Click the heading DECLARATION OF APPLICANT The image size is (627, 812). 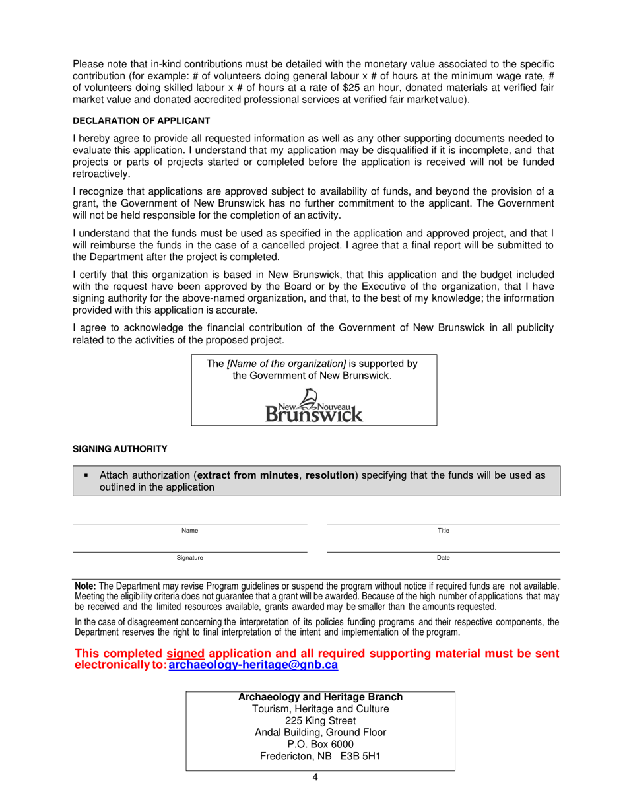click(141, 121)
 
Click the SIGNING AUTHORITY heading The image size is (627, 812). click(119, 449)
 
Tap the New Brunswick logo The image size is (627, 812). click(314, 405)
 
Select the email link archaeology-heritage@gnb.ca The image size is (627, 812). click(253, 666)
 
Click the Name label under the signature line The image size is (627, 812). click(189, 531)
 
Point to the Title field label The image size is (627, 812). click(444, 531)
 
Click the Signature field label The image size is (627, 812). click(189, 558)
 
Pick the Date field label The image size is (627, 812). click(444, 558)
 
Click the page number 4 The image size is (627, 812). click(315, 777)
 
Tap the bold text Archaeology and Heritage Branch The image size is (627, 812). click(320, 697)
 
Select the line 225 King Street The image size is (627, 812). click(320, 721)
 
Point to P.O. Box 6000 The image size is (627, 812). click(320, 745)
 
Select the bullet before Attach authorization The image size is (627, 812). click(86, 475)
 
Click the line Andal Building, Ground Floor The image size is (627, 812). click(320, 733)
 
